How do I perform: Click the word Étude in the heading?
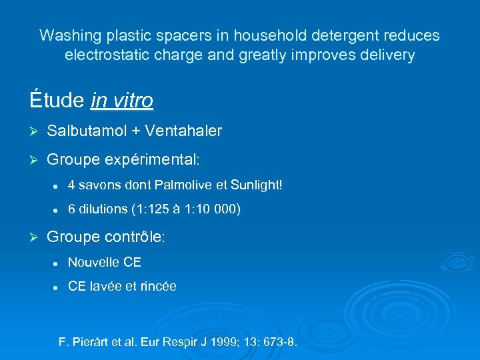coord(57,100)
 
